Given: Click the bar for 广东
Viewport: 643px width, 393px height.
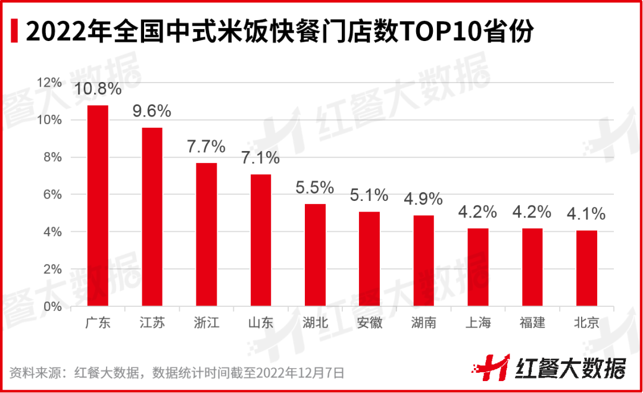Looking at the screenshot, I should [98, 206].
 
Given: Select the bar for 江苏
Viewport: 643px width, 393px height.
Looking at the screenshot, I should [152, 217].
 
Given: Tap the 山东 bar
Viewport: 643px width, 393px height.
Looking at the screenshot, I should [261, 240].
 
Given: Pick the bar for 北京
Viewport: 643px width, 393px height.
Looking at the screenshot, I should [586, 268].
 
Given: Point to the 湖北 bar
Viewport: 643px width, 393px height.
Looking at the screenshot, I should [315, 255].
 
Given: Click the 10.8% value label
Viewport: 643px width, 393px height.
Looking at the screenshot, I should [98, 89].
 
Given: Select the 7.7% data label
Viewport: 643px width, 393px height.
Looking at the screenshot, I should [206, 147].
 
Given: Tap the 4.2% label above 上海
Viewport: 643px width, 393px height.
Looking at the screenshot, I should [477, 212].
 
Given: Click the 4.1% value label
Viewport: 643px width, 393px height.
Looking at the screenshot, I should [586, 214].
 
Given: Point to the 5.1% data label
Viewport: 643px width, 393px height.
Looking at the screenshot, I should [369, 195].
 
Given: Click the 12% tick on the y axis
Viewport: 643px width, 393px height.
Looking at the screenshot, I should [50, 83].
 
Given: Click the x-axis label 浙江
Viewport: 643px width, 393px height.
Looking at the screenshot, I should [206, 323].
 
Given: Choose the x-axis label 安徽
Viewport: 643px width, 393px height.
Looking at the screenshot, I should [369, 323].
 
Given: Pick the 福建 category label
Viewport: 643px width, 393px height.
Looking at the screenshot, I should [532, 323].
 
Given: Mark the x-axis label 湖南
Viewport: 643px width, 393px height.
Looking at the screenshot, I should [423, 323].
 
